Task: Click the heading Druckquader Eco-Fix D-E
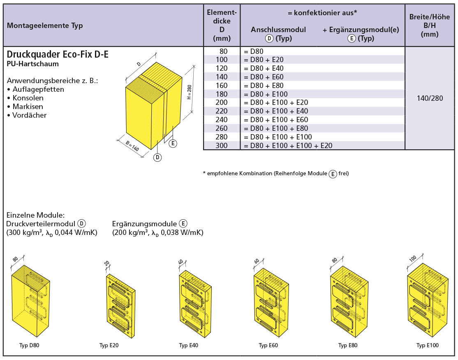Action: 58,54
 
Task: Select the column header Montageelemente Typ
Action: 45,26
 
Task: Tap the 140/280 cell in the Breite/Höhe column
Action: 430,98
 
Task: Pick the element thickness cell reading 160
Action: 222,86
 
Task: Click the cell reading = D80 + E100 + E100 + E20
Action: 288,146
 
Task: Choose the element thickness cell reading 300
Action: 222,146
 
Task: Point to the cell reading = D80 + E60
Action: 264,77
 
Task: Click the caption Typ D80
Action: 29,345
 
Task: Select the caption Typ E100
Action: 427,345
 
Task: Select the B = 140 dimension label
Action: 132,146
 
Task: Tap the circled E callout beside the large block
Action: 173,143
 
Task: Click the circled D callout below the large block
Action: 157,157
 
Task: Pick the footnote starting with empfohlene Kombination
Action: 276,174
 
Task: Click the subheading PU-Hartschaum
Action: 33,64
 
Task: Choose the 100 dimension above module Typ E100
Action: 413,259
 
